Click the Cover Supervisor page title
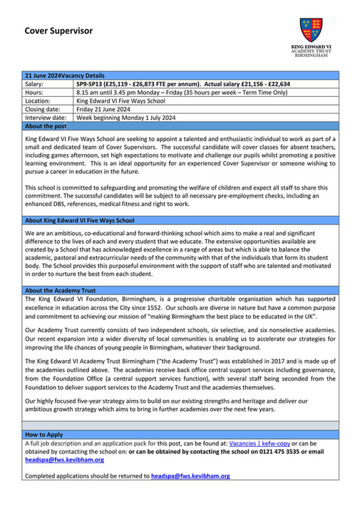58,31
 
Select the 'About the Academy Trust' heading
60,290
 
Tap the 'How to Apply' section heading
43,433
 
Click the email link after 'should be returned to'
190,475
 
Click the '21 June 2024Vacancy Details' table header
64,75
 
